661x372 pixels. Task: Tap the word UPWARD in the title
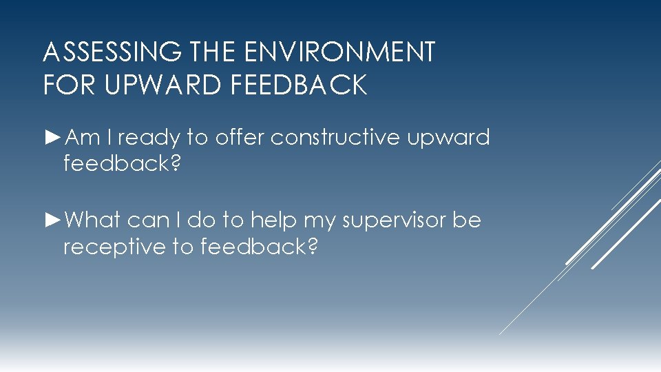[162, 85]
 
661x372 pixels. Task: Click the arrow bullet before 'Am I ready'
[53, 138]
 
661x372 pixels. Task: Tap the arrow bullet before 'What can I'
[53, 220]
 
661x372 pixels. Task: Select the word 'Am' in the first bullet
[83, 138]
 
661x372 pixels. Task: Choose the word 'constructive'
[335, 138]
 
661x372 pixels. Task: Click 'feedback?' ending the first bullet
[122, 164]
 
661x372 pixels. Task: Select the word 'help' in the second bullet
[273, 221]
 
